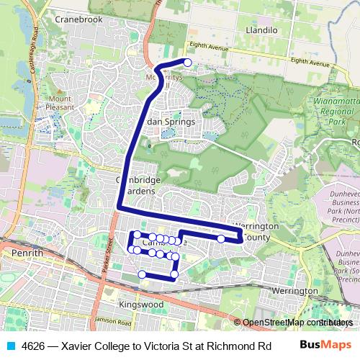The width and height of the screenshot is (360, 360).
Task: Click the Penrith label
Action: click(x=28, y=253)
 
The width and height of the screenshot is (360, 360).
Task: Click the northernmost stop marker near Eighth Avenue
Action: click(x=188, y=63)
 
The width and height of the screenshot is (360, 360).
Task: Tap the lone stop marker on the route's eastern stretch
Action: click(x=221, y=238)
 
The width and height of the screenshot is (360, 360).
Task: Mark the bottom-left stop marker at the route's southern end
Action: click(x=142, y=274)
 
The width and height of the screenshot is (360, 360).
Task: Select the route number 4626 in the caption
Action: click(x=34, y=345)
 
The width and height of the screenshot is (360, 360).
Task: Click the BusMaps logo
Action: click(x=325, y=344)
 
